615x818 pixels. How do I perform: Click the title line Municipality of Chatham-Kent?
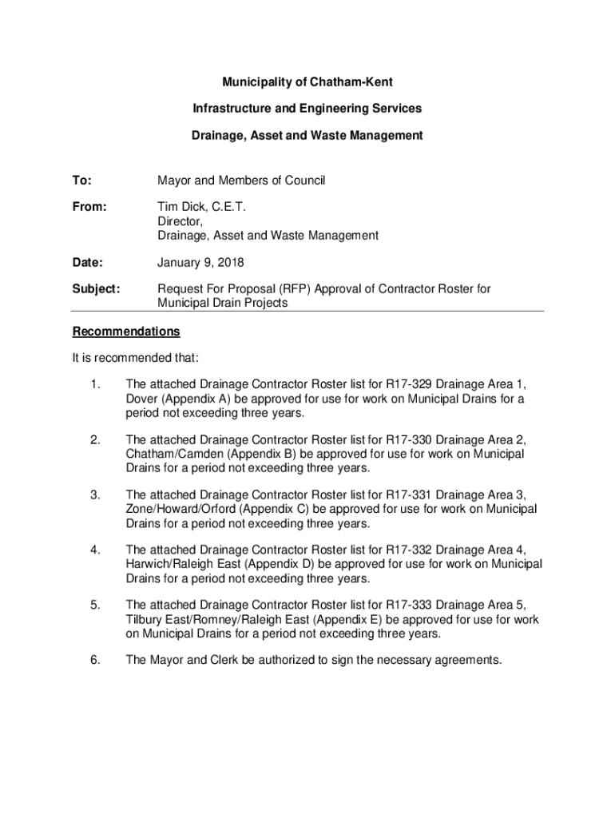pos(307,82)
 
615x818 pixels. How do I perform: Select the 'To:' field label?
pos(82,181)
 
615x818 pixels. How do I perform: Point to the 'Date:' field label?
pos(88,262)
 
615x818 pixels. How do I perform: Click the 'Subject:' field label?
pos(96,289)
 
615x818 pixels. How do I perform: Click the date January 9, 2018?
pos(200,262)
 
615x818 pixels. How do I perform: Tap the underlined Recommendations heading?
pos(126,332)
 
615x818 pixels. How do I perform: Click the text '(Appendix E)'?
pos(350,619)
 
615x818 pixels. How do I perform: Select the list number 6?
pos(95,660)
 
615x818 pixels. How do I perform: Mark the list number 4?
pos(95,550)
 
